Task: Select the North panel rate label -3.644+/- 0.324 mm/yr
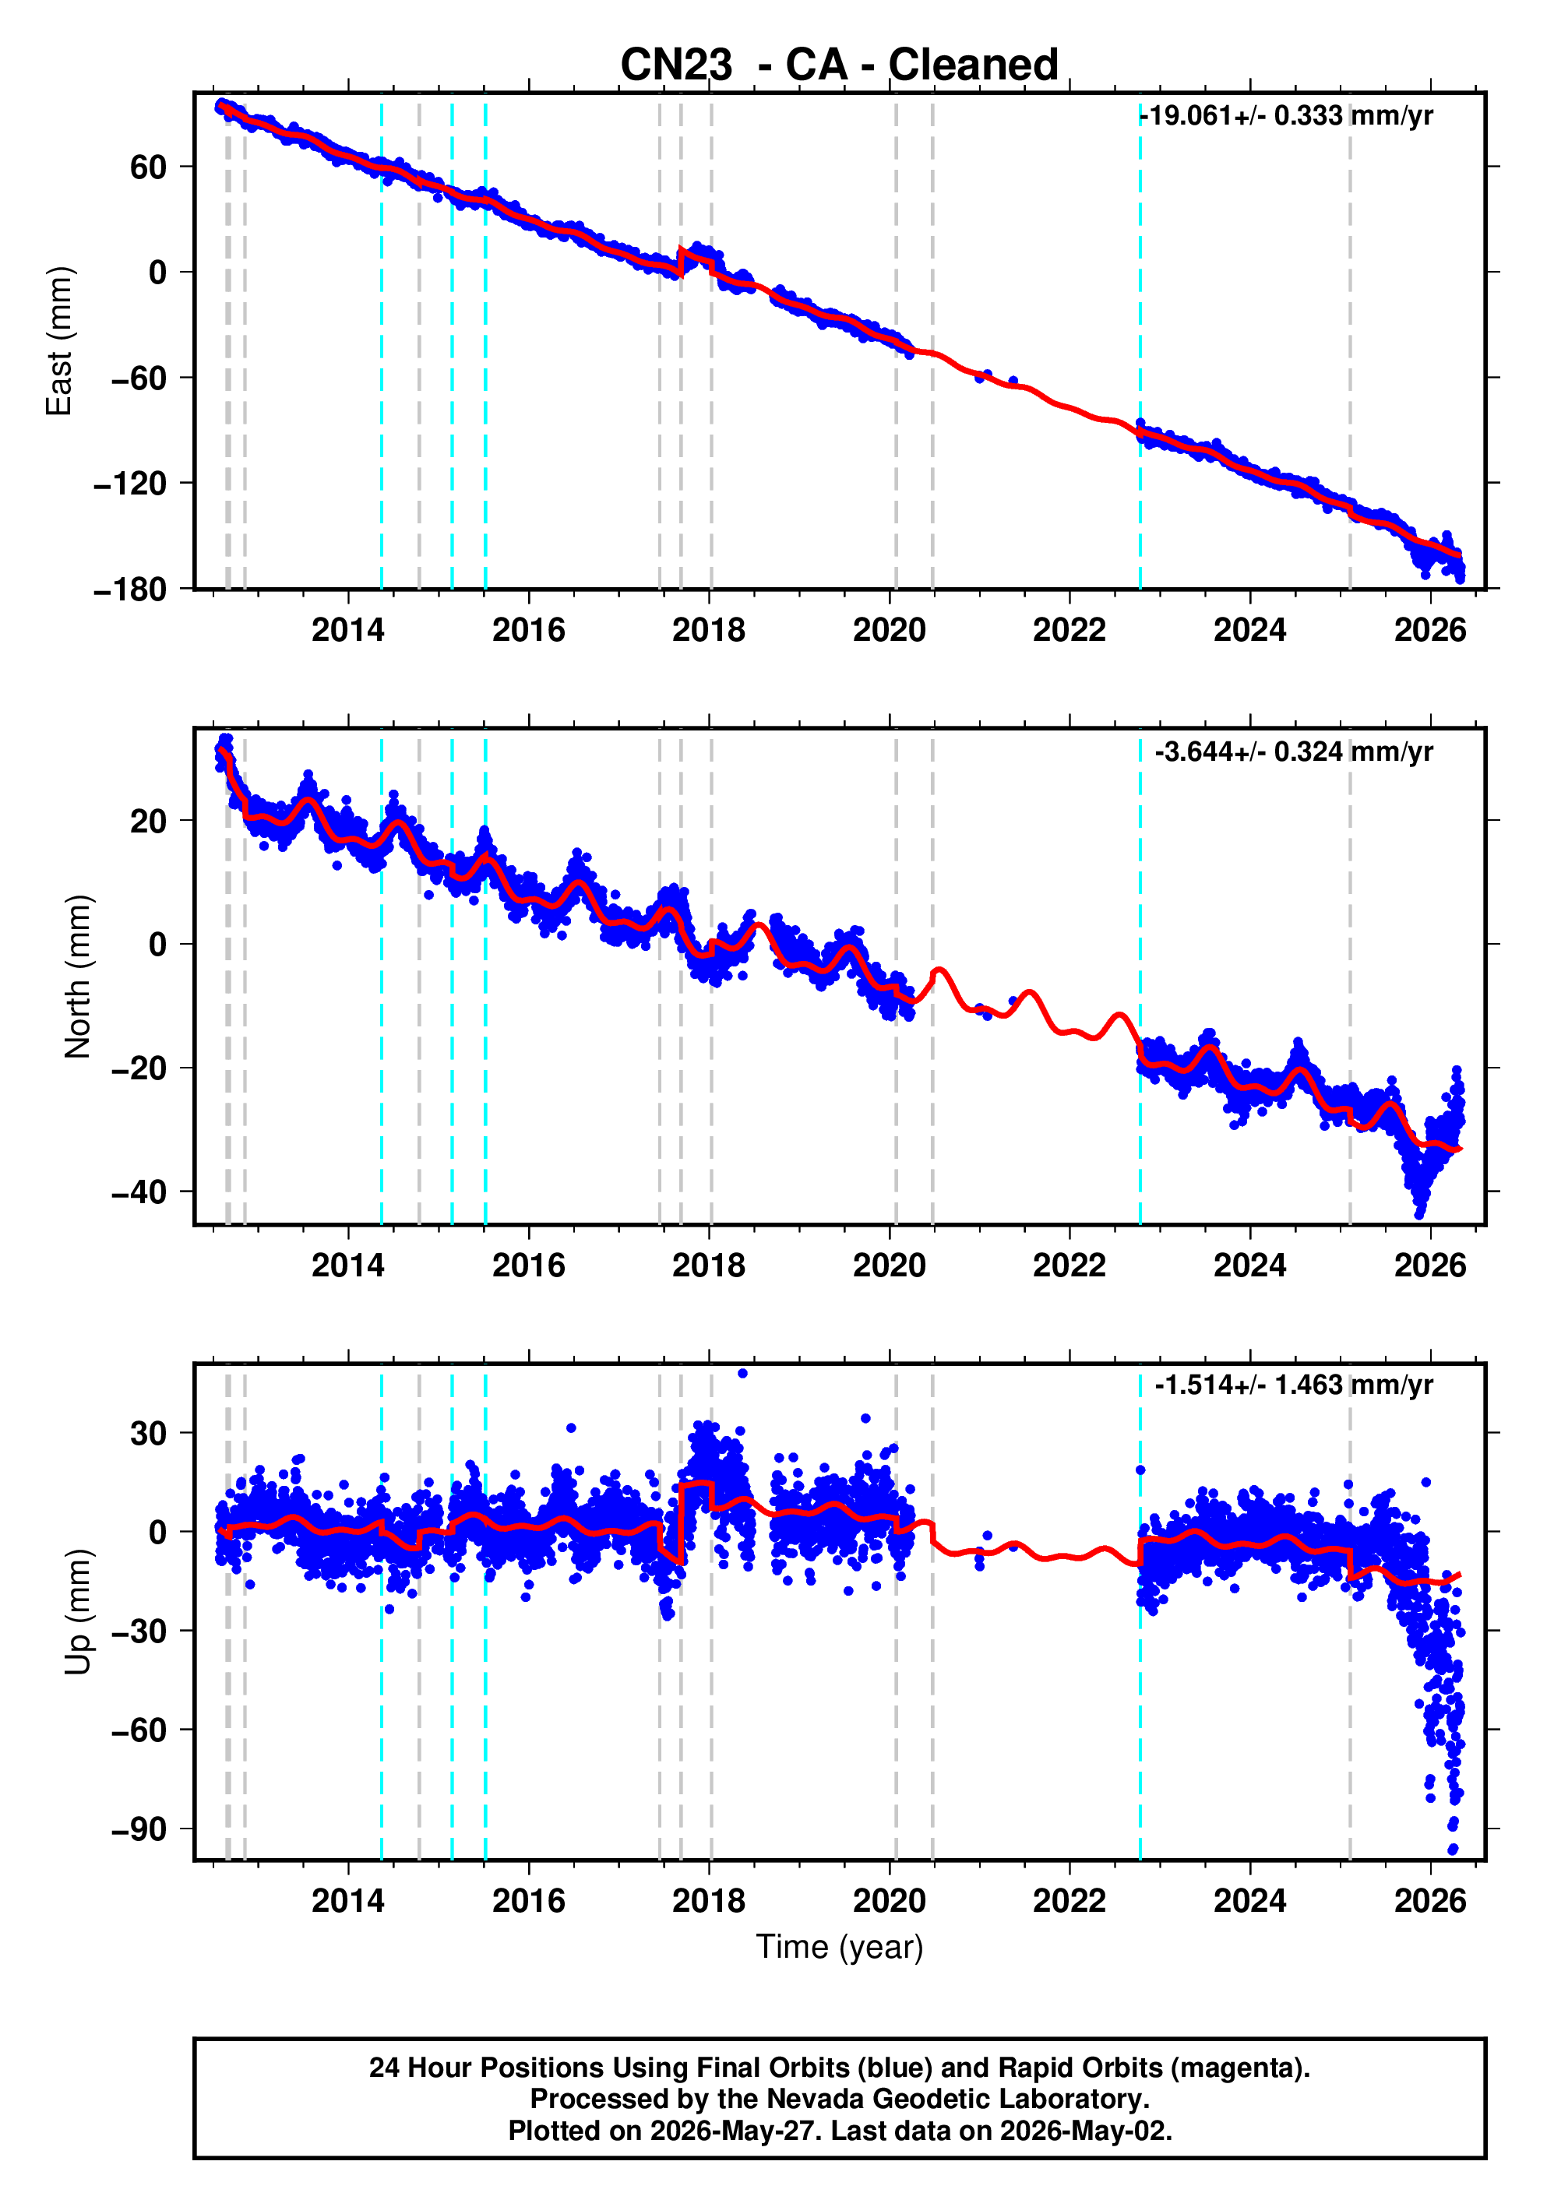coord(1293,752)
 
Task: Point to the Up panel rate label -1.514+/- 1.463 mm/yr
coord(1293,1385)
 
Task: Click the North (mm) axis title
coord(77,977)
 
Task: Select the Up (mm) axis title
coord(77,1612)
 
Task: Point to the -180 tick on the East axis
coord(130,590)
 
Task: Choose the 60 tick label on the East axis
coord(149,167)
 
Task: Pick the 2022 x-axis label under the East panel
coord(1070,631)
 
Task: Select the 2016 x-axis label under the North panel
coord(528,1266)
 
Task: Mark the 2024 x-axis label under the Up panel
coord(1250,1900)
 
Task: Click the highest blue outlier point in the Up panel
coord(742,1373)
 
